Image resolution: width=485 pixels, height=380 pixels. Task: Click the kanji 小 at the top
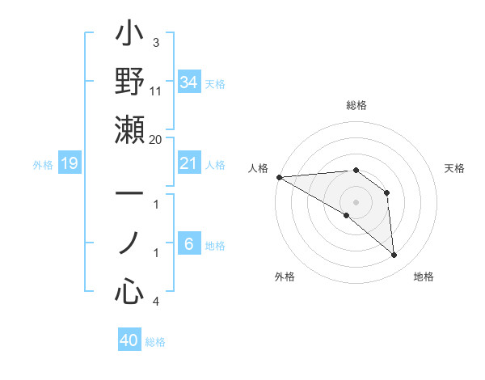tap(129, 36)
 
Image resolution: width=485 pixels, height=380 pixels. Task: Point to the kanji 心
tap(129, 290)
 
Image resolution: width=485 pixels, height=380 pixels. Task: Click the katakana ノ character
tap(129, 243)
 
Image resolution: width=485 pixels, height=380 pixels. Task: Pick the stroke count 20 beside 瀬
tap(155, 139)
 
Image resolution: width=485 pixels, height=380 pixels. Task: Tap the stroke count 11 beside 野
tap(155, 91)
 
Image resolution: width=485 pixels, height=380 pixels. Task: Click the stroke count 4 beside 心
tap(155, 302)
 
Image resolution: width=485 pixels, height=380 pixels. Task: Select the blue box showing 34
tap(188, 82)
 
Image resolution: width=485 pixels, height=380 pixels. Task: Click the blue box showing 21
tap(188, 163)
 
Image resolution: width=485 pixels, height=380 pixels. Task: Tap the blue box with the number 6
tap(188, 244)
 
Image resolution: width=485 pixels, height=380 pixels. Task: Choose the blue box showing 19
tap(69, 164)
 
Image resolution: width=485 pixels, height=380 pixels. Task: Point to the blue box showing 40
tap(129, 340)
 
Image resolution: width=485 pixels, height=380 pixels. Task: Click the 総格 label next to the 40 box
tap(156, 342)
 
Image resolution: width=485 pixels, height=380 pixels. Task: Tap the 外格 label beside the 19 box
tap(43, 165)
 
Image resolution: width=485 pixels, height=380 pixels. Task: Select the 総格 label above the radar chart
tap(356, 105)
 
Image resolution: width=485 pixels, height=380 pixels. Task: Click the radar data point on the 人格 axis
tap(279, 177)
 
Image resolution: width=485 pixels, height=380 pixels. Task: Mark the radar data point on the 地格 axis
tap(394, 255)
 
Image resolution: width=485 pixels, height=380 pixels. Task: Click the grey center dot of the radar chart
tap(356, 201)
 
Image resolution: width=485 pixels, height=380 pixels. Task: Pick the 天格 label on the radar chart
tap(455, 168)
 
